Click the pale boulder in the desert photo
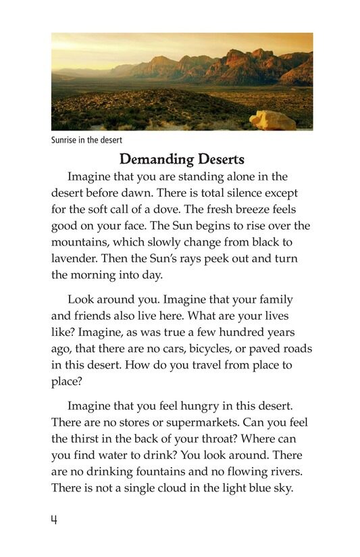pos(272,120)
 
